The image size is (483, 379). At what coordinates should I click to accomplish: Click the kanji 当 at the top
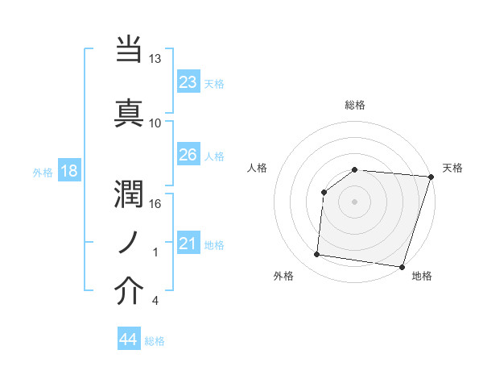point(130,50)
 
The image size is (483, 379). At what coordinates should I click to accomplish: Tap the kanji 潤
point(130,193)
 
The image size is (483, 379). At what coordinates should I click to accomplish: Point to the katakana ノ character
point(130,242)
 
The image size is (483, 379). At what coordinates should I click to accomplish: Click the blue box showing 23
point(188,82)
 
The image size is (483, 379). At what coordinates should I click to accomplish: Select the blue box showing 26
point(188,155)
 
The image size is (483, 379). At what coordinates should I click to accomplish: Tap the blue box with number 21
point(188,244)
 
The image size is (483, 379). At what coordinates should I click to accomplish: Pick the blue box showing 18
point(68,171)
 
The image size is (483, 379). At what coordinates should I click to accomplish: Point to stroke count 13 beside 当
point(155,59)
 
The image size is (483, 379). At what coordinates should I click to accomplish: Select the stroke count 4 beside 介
point(155,301)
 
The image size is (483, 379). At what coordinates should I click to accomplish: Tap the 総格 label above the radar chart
point(355,105)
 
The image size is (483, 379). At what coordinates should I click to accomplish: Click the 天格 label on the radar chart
point(452,168)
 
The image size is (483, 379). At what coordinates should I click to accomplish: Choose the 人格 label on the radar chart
point(258,168)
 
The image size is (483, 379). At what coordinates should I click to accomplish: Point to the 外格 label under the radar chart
point(283,276)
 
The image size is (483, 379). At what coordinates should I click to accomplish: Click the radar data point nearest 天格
point(431,177)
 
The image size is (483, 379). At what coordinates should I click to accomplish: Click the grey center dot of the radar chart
point(354,202)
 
